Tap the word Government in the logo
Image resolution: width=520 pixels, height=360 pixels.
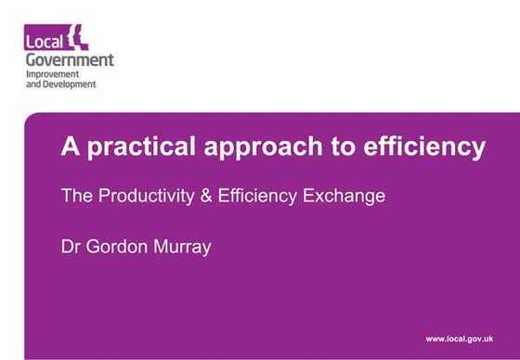tap(70, 60)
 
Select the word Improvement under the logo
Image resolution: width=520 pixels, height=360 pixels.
tap(52, 73)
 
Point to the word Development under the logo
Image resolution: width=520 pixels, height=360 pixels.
tap(67, 84)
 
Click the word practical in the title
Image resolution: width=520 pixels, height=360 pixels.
tap(130, 148)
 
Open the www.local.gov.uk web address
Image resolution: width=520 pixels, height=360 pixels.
tap(459, 340)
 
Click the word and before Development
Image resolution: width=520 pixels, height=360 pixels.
tap(32, 84)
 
